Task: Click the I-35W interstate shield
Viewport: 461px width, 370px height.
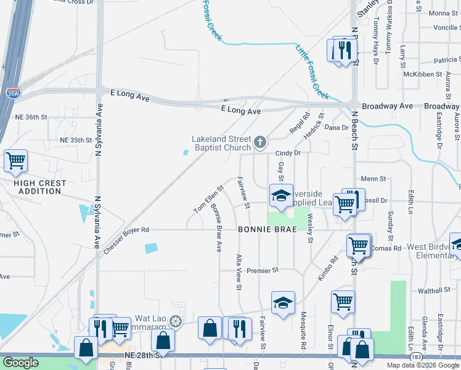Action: tap(12, 93)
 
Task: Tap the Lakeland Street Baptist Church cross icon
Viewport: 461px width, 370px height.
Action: tap(260, 144)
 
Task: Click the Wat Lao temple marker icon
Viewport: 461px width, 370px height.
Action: tap(176, 321)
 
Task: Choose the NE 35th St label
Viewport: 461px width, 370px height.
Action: tap(76, 141)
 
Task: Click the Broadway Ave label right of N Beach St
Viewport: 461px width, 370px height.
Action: tap(387, 106)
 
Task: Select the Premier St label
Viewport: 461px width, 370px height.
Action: tap(263, 270)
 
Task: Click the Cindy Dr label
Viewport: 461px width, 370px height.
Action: tap(287, 153)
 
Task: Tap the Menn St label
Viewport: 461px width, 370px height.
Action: tap(373, 179)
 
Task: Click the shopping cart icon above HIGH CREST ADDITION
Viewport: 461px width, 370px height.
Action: tap(15, 161)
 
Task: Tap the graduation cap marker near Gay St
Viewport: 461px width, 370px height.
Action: tap(281, 195)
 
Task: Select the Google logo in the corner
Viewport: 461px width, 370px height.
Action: tap(20, 363)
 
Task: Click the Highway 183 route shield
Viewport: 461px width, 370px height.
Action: tap(417, 356)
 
